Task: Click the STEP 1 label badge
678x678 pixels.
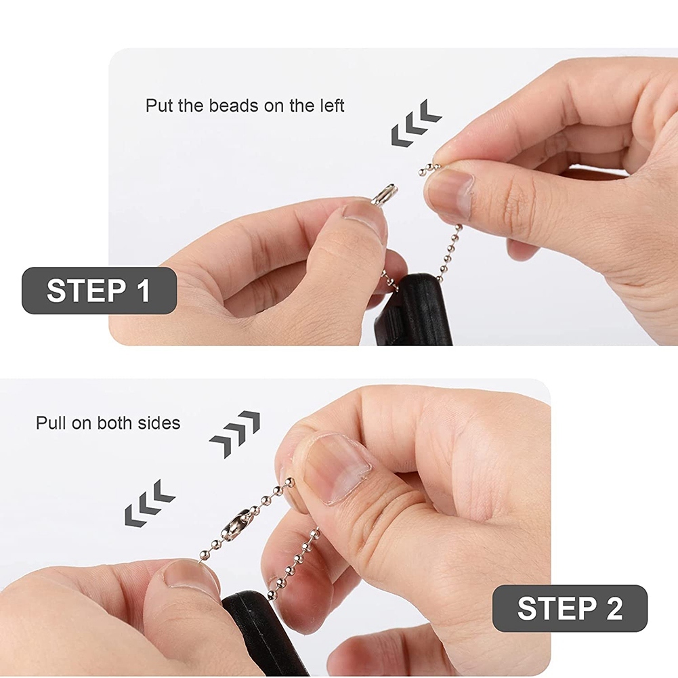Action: [x=100, y=291]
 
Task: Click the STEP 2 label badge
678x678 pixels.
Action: [x=570, y=608]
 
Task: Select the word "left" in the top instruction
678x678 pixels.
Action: [x=333, y=106]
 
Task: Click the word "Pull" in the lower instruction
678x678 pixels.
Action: [x=51, y=423]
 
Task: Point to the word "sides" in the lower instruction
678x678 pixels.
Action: [x=159, y=423]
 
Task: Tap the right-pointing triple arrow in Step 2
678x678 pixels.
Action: [x=235, y=434]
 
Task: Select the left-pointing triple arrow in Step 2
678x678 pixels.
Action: [x=150, y=503]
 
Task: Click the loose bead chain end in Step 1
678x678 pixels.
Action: [x=429, y=169]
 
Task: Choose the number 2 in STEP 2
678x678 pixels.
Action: [x=614, y=608]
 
